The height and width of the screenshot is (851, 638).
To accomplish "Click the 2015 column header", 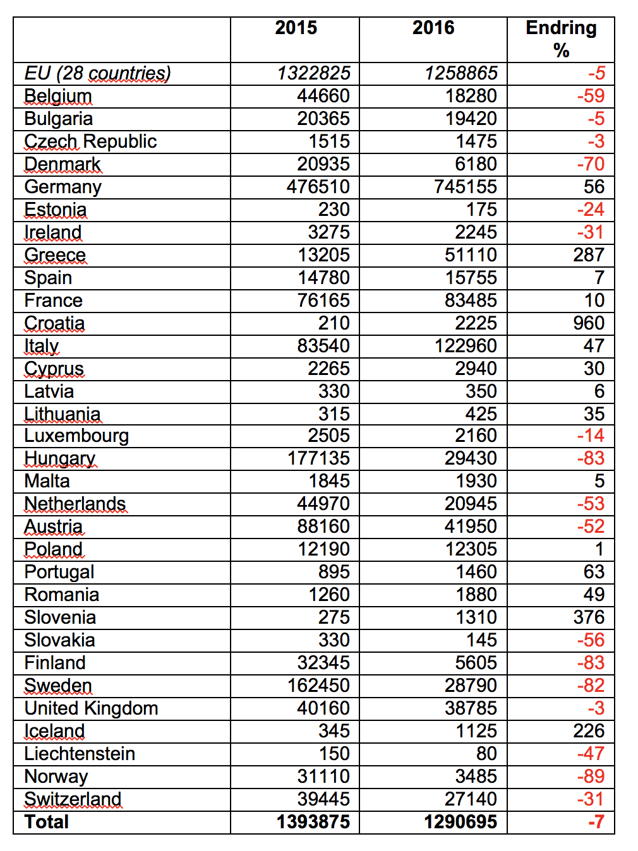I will [x=296, y=28].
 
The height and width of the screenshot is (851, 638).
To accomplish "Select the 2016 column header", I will [x=433, y=28].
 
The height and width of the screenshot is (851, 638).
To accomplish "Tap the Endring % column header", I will [x=561, y=39].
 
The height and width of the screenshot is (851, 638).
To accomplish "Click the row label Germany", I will [x=63, y=187].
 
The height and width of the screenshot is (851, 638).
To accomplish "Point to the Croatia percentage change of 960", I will [x=589, y=323].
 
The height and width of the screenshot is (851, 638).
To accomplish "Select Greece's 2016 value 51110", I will [x=471, y=255].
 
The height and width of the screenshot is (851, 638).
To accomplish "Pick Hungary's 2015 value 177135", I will [x=318, y=458].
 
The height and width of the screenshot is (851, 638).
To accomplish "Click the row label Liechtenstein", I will [x=80, y=754].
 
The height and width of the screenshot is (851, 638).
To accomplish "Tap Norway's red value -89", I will [x=591, y=777].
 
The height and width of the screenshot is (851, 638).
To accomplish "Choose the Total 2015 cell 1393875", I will [x=313, y=822].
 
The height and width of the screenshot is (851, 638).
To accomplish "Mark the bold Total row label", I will [x=47, y=822].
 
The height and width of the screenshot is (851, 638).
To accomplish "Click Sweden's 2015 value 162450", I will [x=318, y=686].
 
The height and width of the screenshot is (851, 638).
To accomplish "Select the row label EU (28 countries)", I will [x=97, y=73].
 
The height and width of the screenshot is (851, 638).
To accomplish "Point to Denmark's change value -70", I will [x=591, y=164].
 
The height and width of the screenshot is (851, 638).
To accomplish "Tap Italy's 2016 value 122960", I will [x=466, y=346].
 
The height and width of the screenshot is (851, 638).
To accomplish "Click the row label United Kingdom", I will [x=91, y=708].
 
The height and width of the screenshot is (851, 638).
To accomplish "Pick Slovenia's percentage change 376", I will [x=589, y=617].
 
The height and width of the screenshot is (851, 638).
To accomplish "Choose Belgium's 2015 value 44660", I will [x=323, y=96].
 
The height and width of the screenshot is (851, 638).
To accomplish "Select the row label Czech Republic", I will [x=90, y=141].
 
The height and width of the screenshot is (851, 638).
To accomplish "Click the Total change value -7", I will [x=596, y=822].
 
